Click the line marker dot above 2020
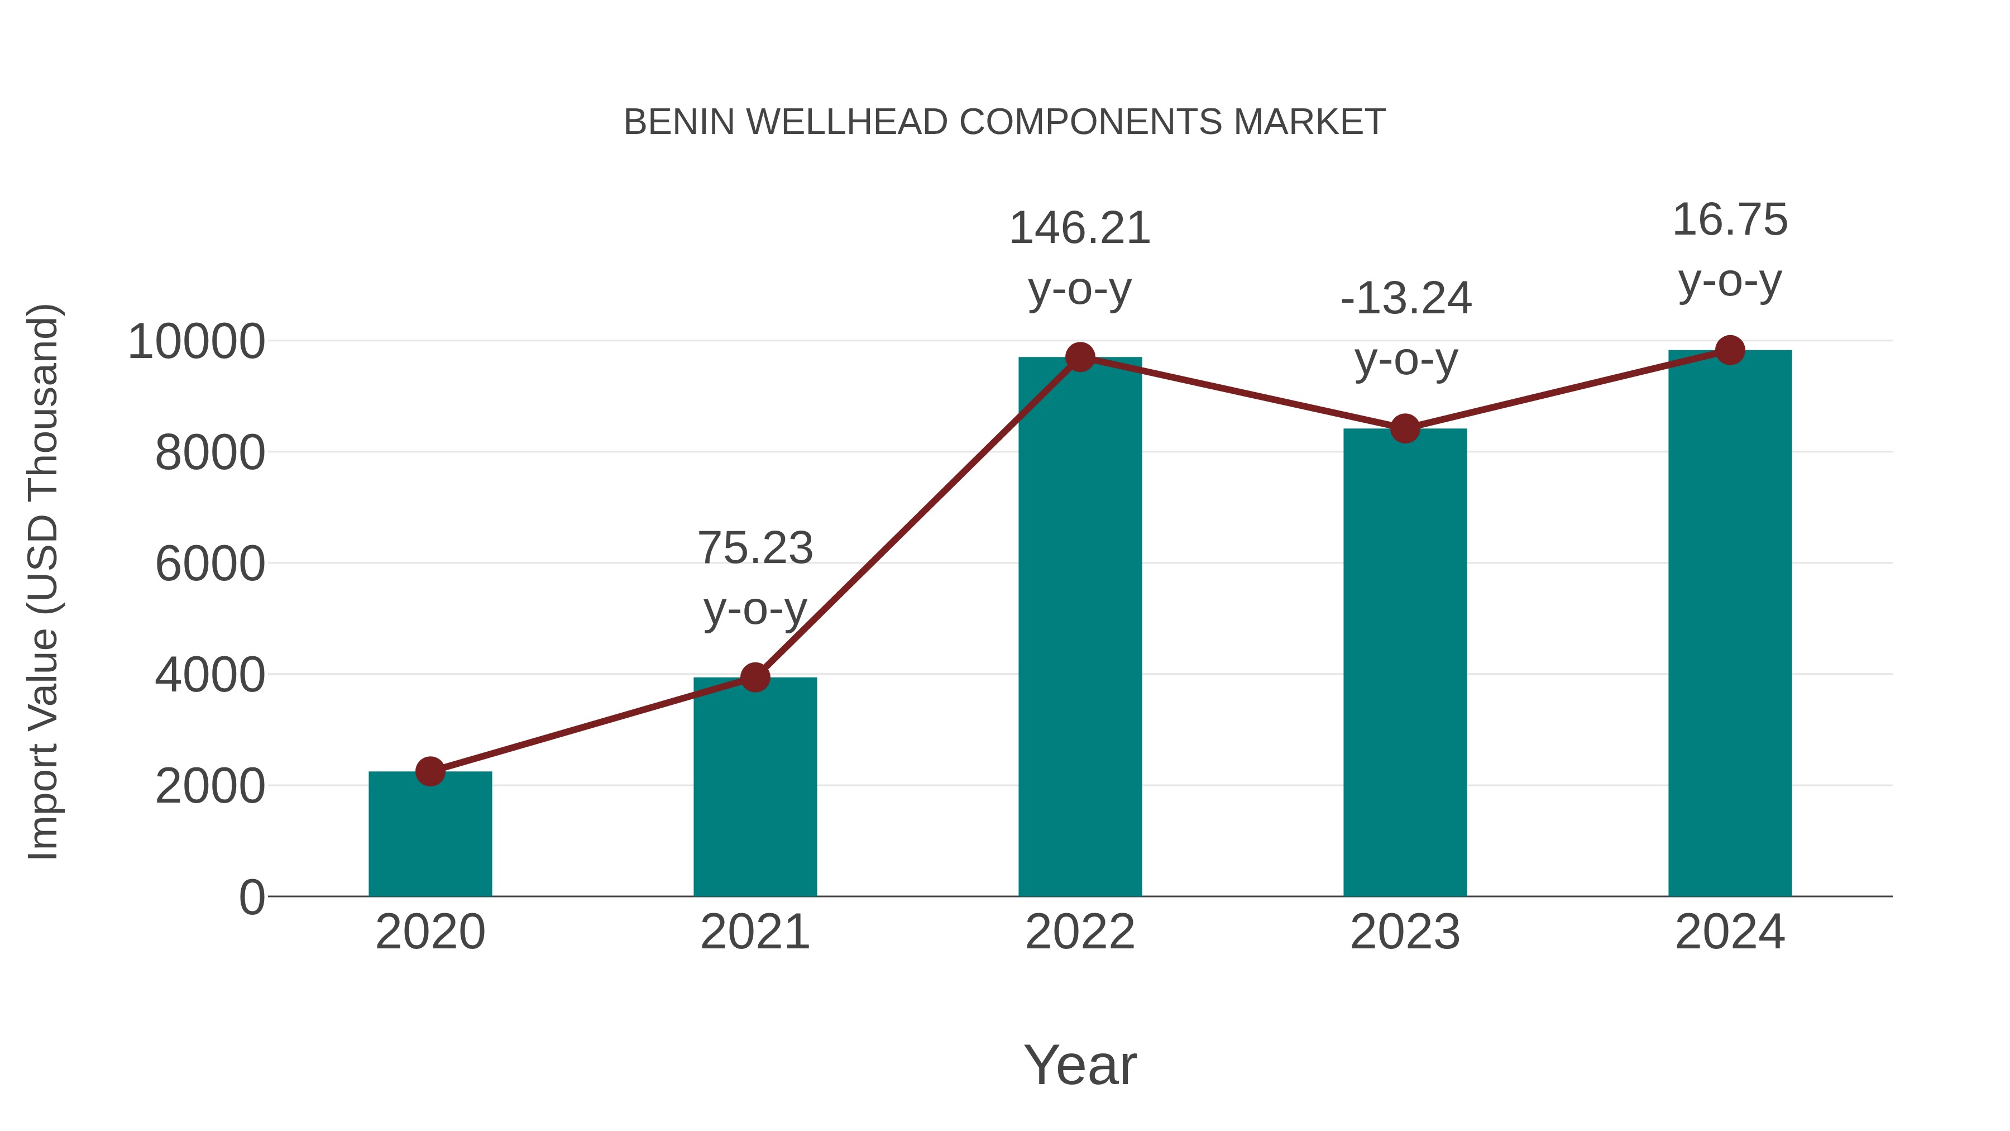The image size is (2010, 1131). tap(430, 771)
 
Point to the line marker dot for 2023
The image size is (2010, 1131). tap(1405, 428)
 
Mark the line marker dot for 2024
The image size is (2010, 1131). tap(1730, 350)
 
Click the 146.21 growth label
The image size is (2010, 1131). tap(1080, 228)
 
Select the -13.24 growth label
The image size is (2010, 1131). tap(1405, 299)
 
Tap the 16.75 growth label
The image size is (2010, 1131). tap(1730, 220)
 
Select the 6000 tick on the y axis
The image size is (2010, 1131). tap(210, 564)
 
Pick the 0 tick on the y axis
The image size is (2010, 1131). tap(251, 897)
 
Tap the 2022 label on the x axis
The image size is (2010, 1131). tap(1080, 932)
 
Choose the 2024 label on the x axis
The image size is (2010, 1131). tap(1730, 932)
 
